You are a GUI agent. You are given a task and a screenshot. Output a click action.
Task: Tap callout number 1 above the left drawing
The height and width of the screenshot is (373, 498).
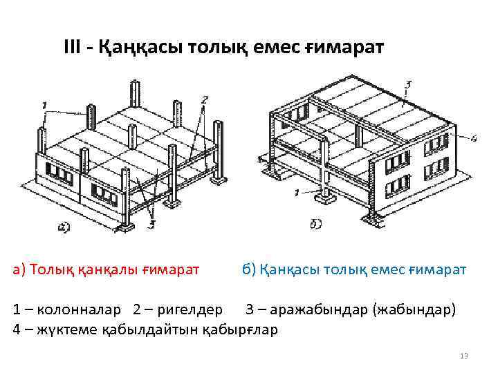click(44, 105)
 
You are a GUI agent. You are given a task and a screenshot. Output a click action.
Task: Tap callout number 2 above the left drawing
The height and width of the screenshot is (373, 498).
click(204, 99)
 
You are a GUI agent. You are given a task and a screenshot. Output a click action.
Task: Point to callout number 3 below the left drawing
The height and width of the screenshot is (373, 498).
click(151, 223)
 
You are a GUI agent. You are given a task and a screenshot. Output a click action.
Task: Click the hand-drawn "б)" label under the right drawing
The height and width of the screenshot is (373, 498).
click(314, 224)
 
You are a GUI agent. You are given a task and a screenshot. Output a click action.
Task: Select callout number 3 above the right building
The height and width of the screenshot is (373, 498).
click(408, 84)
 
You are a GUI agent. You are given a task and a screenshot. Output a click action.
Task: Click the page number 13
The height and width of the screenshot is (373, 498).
click(464, 356)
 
